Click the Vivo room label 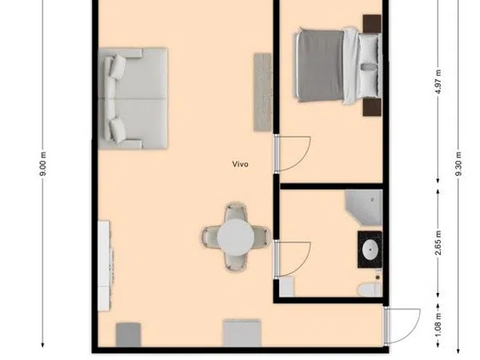point(240,164)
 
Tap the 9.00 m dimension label point(43,164)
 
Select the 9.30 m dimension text point(458,164)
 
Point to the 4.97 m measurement point(438,82)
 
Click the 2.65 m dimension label point(438,242)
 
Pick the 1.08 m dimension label point(438,325)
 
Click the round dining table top point(236,238)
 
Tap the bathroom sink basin point(370,250)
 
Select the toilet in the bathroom point(370,290)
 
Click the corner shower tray point(364,207)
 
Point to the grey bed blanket point(320,66)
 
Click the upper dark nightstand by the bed point(372,23)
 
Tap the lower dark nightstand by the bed point(372,107)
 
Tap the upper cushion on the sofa point(118,66)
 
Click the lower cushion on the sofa point(118,130)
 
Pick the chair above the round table point(236,212)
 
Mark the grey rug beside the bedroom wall point(263,92)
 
